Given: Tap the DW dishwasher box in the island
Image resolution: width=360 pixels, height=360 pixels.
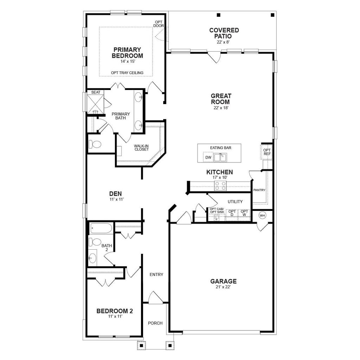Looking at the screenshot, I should coord(208,157).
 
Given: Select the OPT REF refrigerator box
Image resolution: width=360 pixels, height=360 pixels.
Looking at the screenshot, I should coord(267,152).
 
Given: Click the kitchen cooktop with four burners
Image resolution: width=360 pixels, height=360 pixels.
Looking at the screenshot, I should coord(221,185).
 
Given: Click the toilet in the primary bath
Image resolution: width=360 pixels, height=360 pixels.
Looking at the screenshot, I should coord(95,144).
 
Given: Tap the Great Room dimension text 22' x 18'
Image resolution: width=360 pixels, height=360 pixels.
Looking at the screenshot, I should coord(220,108).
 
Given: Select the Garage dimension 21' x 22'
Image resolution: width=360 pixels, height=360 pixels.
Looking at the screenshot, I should coord(223,287).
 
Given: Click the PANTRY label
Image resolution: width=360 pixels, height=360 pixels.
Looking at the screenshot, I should coord(259,190).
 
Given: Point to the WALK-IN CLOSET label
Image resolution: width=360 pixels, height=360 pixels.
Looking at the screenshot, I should coord(141,148).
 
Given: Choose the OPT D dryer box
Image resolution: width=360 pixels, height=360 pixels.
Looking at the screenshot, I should coord(232,213).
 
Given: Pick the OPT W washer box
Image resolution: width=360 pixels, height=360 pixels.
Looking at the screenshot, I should coord(244,213).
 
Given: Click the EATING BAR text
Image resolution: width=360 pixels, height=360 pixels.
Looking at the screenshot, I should coord(220,148).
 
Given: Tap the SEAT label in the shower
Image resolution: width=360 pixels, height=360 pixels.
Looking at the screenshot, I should coord(96,92).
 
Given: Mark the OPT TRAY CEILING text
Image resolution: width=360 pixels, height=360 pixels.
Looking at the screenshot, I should coord(127,73).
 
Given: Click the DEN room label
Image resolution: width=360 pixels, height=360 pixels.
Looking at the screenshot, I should coord(115,194).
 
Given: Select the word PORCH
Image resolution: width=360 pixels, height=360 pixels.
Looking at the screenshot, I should coord(155,323).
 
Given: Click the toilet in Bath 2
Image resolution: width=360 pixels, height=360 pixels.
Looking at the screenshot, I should coord(95,242).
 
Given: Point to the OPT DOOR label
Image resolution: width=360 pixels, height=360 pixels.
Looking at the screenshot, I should coord(159,24).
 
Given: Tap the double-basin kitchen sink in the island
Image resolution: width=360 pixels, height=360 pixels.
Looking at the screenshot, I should coord(220,157).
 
